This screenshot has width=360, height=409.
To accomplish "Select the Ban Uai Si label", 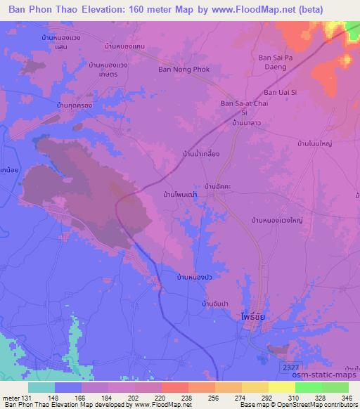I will pos(281,92).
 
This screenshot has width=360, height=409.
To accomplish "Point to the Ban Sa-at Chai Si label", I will pos(243,107).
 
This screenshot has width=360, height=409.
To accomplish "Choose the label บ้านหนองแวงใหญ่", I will pos(277,220).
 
